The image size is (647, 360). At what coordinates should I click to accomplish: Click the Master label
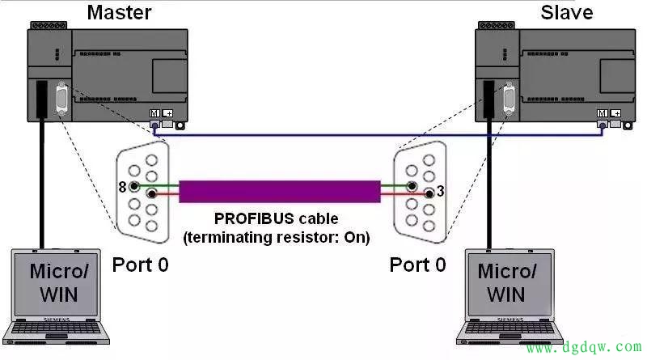(x=119, y=12)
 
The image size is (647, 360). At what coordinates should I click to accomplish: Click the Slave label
(x=566, y=12)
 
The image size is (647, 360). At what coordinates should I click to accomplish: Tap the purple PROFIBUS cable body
(x=279, y=191)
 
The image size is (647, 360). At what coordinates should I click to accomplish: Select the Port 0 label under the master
(x=141, y=264)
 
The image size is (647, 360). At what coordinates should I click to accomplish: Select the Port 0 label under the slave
(x=417, y=264)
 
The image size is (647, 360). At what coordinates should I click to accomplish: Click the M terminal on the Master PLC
(x=154, y=113)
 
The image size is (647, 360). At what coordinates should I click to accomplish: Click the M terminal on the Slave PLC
(x=601, y=113)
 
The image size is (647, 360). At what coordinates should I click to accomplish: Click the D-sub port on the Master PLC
(x=61, y=102)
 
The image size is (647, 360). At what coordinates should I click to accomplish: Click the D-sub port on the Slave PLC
(x=509, y=102)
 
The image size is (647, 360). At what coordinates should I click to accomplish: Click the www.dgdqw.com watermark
(x=579, y=348)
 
